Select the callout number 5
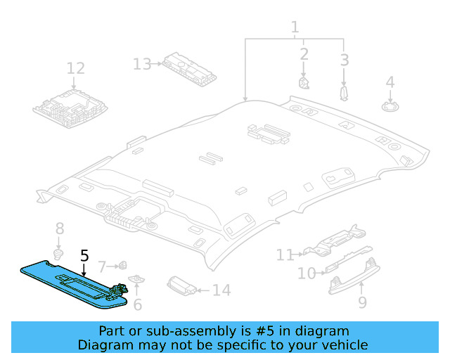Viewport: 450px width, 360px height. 84,255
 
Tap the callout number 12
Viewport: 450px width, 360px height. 75,68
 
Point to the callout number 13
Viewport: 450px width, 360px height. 142,65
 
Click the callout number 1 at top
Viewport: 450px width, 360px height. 295,27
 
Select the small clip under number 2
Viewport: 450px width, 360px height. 304,83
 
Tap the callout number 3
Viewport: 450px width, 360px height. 344,60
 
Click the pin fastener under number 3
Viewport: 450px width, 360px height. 344,94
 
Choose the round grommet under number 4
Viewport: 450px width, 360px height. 390,106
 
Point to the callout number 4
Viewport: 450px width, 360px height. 390,82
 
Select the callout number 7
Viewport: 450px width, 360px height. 102,267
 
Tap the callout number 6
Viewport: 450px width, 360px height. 138,304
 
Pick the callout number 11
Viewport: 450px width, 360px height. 285,255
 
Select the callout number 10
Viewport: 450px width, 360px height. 307,273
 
